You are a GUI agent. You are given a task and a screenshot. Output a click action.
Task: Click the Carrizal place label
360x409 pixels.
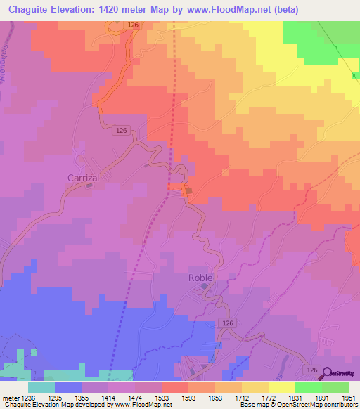point(83,178)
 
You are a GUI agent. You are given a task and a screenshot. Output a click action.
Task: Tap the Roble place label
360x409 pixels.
point(200,277)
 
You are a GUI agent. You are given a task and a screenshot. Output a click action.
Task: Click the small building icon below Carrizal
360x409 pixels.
point(89,186)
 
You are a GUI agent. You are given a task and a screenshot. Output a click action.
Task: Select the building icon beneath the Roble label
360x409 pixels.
point(205,286)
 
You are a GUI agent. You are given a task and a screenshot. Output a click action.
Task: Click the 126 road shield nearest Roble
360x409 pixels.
point(226,322)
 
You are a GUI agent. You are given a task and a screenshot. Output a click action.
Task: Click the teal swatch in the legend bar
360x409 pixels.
point(41,387)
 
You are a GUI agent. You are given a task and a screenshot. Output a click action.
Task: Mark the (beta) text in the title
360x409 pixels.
point(284,9)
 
